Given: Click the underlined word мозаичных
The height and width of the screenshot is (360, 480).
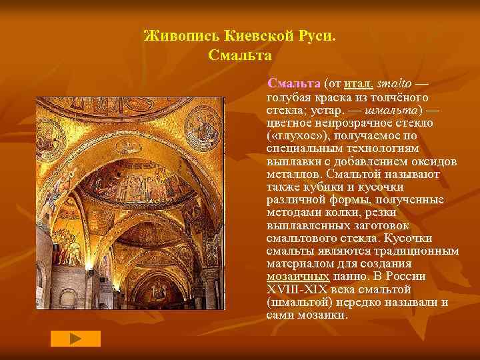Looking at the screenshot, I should click(297, 275).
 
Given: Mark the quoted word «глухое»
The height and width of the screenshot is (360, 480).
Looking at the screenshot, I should click(296, 135).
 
